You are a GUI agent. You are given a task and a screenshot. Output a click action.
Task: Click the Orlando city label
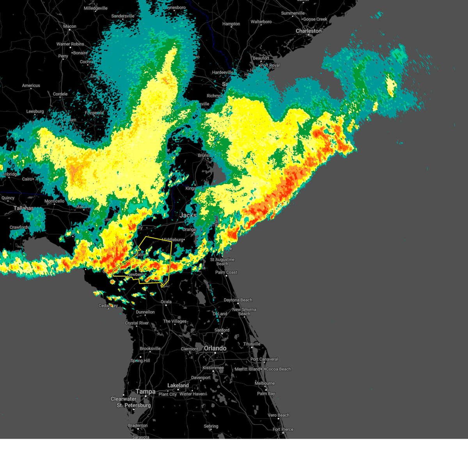(215, 348)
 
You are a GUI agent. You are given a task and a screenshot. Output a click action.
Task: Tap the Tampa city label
(145, 392)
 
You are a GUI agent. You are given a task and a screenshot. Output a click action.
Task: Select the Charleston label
(308, 31)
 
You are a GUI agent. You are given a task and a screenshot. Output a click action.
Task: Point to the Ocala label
(166, 302)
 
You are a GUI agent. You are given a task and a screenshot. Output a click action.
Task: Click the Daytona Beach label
(238, 300)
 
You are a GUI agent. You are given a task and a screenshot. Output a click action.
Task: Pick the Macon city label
(70, 27)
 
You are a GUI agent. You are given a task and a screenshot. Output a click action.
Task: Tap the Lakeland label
(178, 385)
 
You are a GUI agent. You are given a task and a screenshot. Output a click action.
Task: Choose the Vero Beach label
(278, 415)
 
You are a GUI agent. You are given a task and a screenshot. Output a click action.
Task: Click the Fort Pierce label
(283, 429)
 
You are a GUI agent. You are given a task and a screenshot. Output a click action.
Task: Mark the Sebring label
(211, 426)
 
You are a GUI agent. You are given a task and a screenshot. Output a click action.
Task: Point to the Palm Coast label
(226, 272)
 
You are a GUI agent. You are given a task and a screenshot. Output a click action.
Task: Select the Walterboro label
(261, 22)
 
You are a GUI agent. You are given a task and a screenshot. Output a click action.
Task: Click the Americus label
(31, 85)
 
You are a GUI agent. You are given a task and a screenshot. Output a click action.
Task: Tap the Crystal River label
(136, 323)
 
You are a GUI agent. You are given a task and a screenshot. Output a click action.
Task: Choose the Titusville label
(252, 344)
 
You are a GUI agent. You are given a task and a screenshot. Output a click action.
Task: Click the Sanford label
(222, 330)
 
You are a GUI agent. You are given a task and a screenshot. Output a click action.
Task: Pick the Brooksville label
(150, 349)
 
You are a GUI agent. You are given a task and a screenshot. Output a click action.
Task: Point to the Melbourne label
(265, 383)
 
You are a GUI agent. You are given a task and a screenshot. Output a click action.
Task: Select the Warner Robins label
(70, 44)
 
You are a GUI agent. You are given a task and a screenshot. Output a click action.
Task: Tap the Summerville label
(293, 13)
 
